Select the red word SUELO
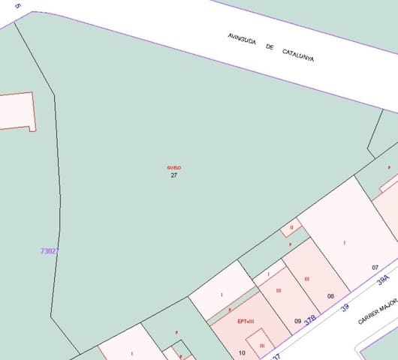point(173,167)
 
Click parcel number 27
point(173,175)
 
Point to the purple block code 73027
point(50,251)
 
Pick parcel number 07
point(375,267)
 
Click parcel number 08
point(330,296)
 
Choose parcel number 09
point(297,321)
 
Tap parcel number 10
point(242,352)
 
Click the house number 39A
point(383,280)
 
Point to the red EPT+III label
point(246,321)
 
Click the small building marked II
point(291,227)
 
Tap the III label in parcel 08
point(307,279)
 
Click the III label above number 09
point(279,290)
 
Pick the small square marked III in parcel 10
point(261,344)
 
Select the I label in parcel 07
point(345,242)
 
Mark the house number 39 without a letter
point(346,307)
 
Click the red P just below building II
point(290,244)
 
